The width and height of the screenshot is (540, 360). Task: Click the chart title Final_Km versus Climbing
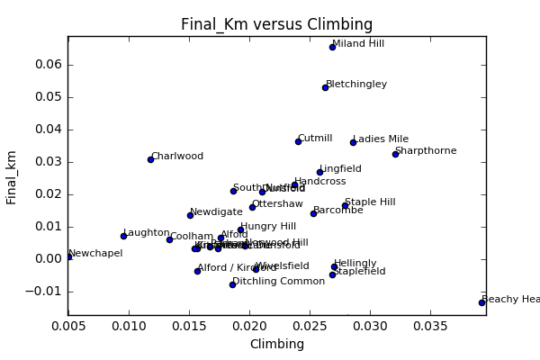coord(276,24)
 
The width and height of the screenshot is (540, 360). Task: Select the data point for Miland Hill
coord(332,47)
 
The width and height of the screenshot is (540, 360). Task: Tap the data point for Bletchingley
coord(325,87)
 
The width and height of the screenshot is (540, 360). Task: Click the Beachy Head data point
coord(481,302)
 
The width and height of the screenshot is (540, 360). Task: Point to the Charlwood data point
coord(150,159)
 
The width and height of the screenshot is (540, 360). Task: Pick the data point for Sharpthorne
coord(395,154)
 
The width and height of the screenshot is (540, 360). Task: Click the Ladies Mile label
coord(381,139)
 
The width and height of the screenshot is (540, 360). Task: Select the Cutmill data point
coord(298,141)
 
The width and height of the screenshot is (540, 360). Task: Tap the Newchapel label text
coord(95,254)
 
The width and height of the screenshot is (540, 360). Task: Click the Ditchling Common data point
coord(232,284)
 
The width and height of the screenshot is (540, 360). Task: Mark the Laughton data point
coord(123,236)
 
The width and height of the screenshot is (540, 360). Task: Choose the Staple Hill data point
coord(345,205)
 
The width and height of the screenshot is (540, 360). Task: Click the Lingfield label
coord(340,168)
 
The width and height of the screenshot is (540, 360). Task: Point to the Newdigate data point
coord(190,215)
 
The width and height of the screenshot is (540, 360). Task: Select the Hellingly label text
coord(355,264)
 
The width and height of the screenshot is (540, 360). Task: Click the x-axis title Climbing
coord(276,344)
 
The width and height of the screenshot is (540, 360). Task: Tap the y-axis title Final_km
coord(13,176)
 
